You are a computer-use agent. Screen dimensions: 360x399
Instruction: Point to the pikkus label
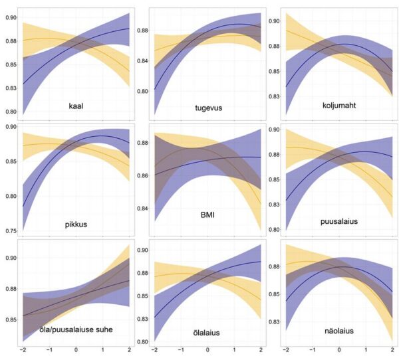(x=75, y=225)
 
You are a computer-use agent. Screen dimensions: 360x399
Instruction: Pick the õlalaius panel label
(x=207, y=331)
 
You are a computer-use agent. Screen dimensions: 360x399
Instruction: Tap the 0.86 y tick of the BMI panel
(x=142, y=175)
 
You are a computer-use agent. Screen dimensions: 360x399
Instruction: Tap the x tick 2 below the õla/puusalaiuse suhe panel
(x=128, y=349)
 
